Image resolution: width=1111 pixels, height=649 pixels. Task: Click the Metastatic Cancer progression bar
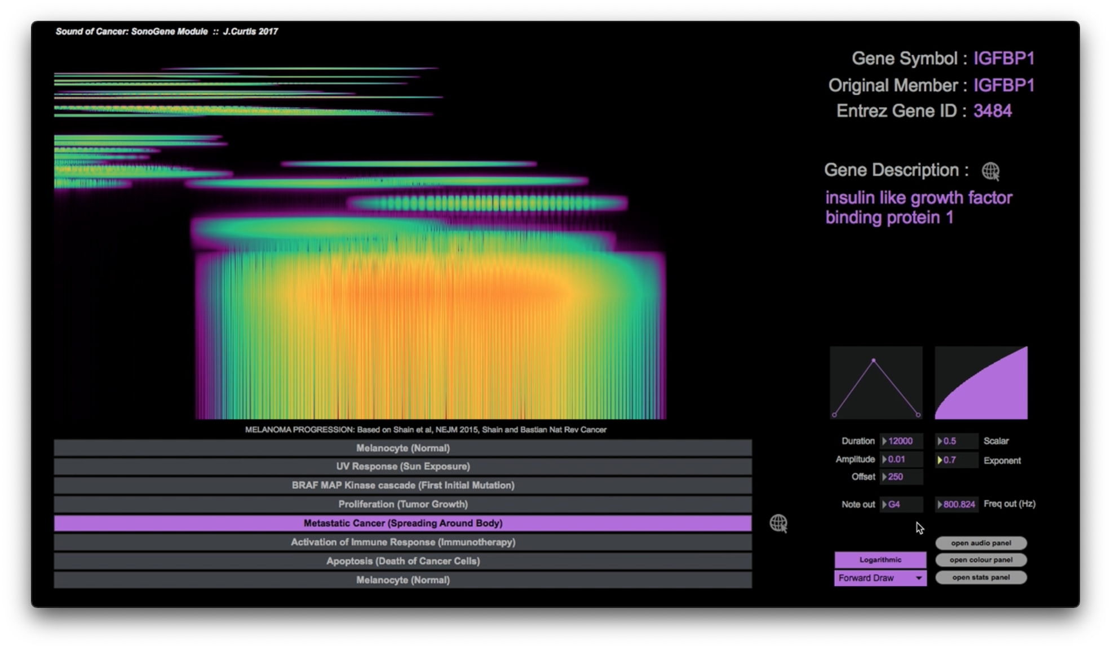(402, 523)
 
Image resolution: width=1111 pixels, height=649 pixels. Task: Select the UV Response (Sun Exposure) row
(402, 466)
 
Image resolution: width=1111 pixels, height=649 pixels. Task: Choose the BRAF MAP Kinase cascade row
(402, 486)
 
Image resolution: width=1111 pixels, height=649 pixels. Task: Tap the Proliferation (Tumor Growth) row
(402, 504)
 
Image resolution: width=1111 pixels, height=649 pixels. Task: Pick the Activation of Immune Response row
(402, 543)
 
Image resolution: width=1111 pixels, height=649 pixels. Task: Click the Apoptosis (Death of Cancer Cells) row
(402, 561)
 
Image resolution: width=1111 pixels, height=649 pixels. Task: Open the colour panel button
(981, 560)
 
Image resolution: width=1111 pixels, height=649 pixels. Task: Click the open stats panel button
(981, 577)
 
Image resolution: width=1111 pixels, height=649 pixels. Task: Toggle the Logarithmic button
(880, 560)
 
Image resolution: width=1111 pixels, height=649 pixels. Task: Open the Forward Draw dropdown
(880, 578)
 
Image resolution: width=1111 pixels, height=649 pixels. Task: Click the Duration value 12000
(901, 441)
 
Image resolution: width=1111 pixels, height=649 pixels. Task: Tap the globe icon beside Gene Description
(990, 171)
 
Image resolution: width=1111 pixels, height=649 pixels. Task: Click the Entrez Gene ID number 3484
(993, 111)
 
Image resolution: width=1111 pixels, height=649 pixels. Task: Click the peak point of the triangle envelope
(874, 360)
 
